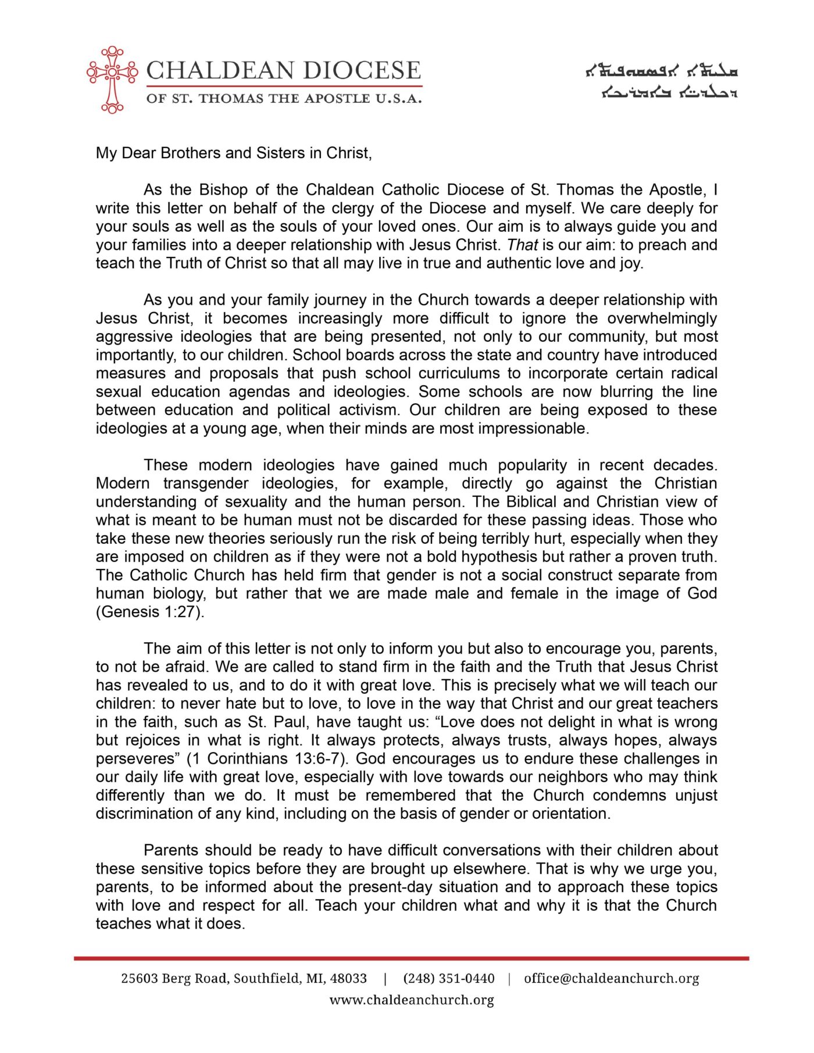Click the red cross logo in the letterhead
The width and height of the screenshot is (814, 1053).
point(112,80)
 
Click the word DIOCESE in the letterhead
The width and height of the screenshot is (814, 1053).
point(360,71)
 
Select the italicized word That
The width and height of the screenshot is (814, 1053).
point(522,245)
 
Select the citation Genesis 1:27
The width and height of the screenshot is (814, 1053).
point(151,612)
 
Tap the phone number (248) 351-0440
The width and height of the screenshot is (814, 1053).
point(448,979)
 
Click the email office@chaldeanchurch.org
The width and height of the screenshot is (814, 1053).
point(611,979)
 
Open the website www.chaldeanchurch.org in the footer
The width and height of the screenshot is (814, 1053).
point(412,1000)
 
